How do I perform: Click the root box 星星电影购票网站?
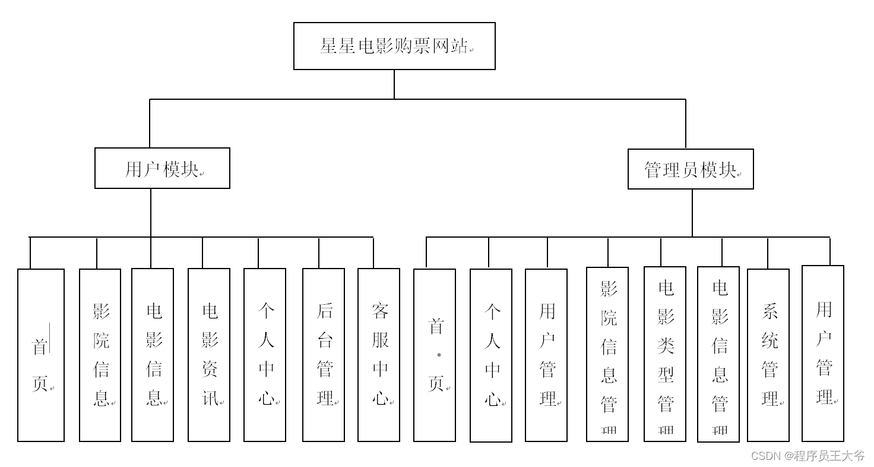tap(394, 46)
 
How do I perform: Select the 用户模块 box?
tap(162, 169)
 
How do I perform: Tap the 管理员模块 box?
tap(691, 170)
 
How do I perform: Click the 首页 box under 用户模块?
tap(41, 355)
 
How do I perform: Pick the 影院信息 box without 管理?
tap(100, 355)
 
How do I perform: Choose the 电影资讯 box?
tap(209, 355)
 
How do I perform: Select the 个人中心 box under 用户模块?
tap(265, 355)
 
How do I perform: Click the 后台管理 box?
tap(324, 355)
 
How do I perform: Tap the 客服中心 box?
tap(379, 355)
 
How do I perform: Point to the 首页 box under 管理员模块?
tap(435, 355)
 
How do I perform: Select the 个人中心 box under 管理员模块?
tap(491, 355)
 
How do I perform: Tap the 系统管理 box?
tap(768, 355)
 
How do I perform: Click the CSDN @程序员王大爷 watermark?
tap(807, 456)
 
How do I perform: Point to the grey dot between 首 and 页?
tap(439, 355)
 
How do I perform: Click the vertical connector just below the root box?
tap(394, 84)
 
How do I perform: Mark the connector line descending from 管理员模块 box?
tap(692, 213)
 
